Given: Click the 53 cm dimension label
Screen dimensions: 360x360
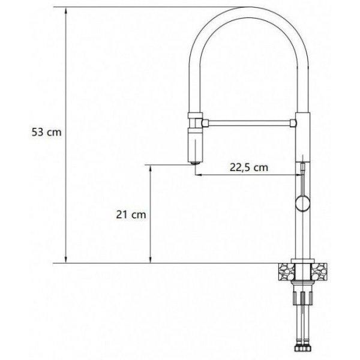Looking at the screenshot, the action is pos(47,133).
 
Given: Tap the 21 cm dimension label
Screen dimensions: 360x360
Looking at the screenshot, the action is pos(131,215).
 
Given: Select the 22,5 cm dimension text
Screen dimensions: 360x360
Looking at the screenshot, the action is pos(249,167).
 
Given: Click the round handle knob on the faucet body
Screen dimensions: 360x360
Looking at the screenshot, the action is pos(302,204).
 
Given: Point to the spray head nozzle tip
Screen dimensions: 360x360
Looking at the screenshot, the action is pos(195,163).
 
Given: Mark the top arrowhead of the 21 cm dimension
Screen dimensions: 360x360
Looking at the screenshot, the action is pos(151,168).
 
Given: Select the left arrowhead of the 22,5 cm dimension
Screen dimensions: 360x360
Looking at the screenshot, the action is pos(199,175).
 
